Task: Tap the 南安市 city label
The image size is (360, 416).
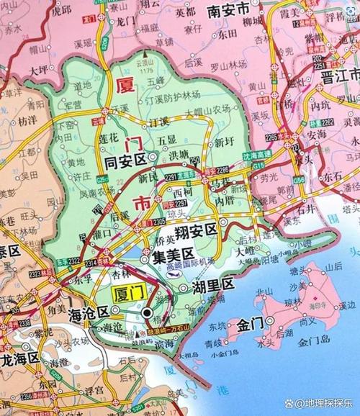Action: [x=228, y=11]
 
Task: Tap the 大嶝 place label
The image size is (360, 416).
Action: [x=250, y=252]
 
